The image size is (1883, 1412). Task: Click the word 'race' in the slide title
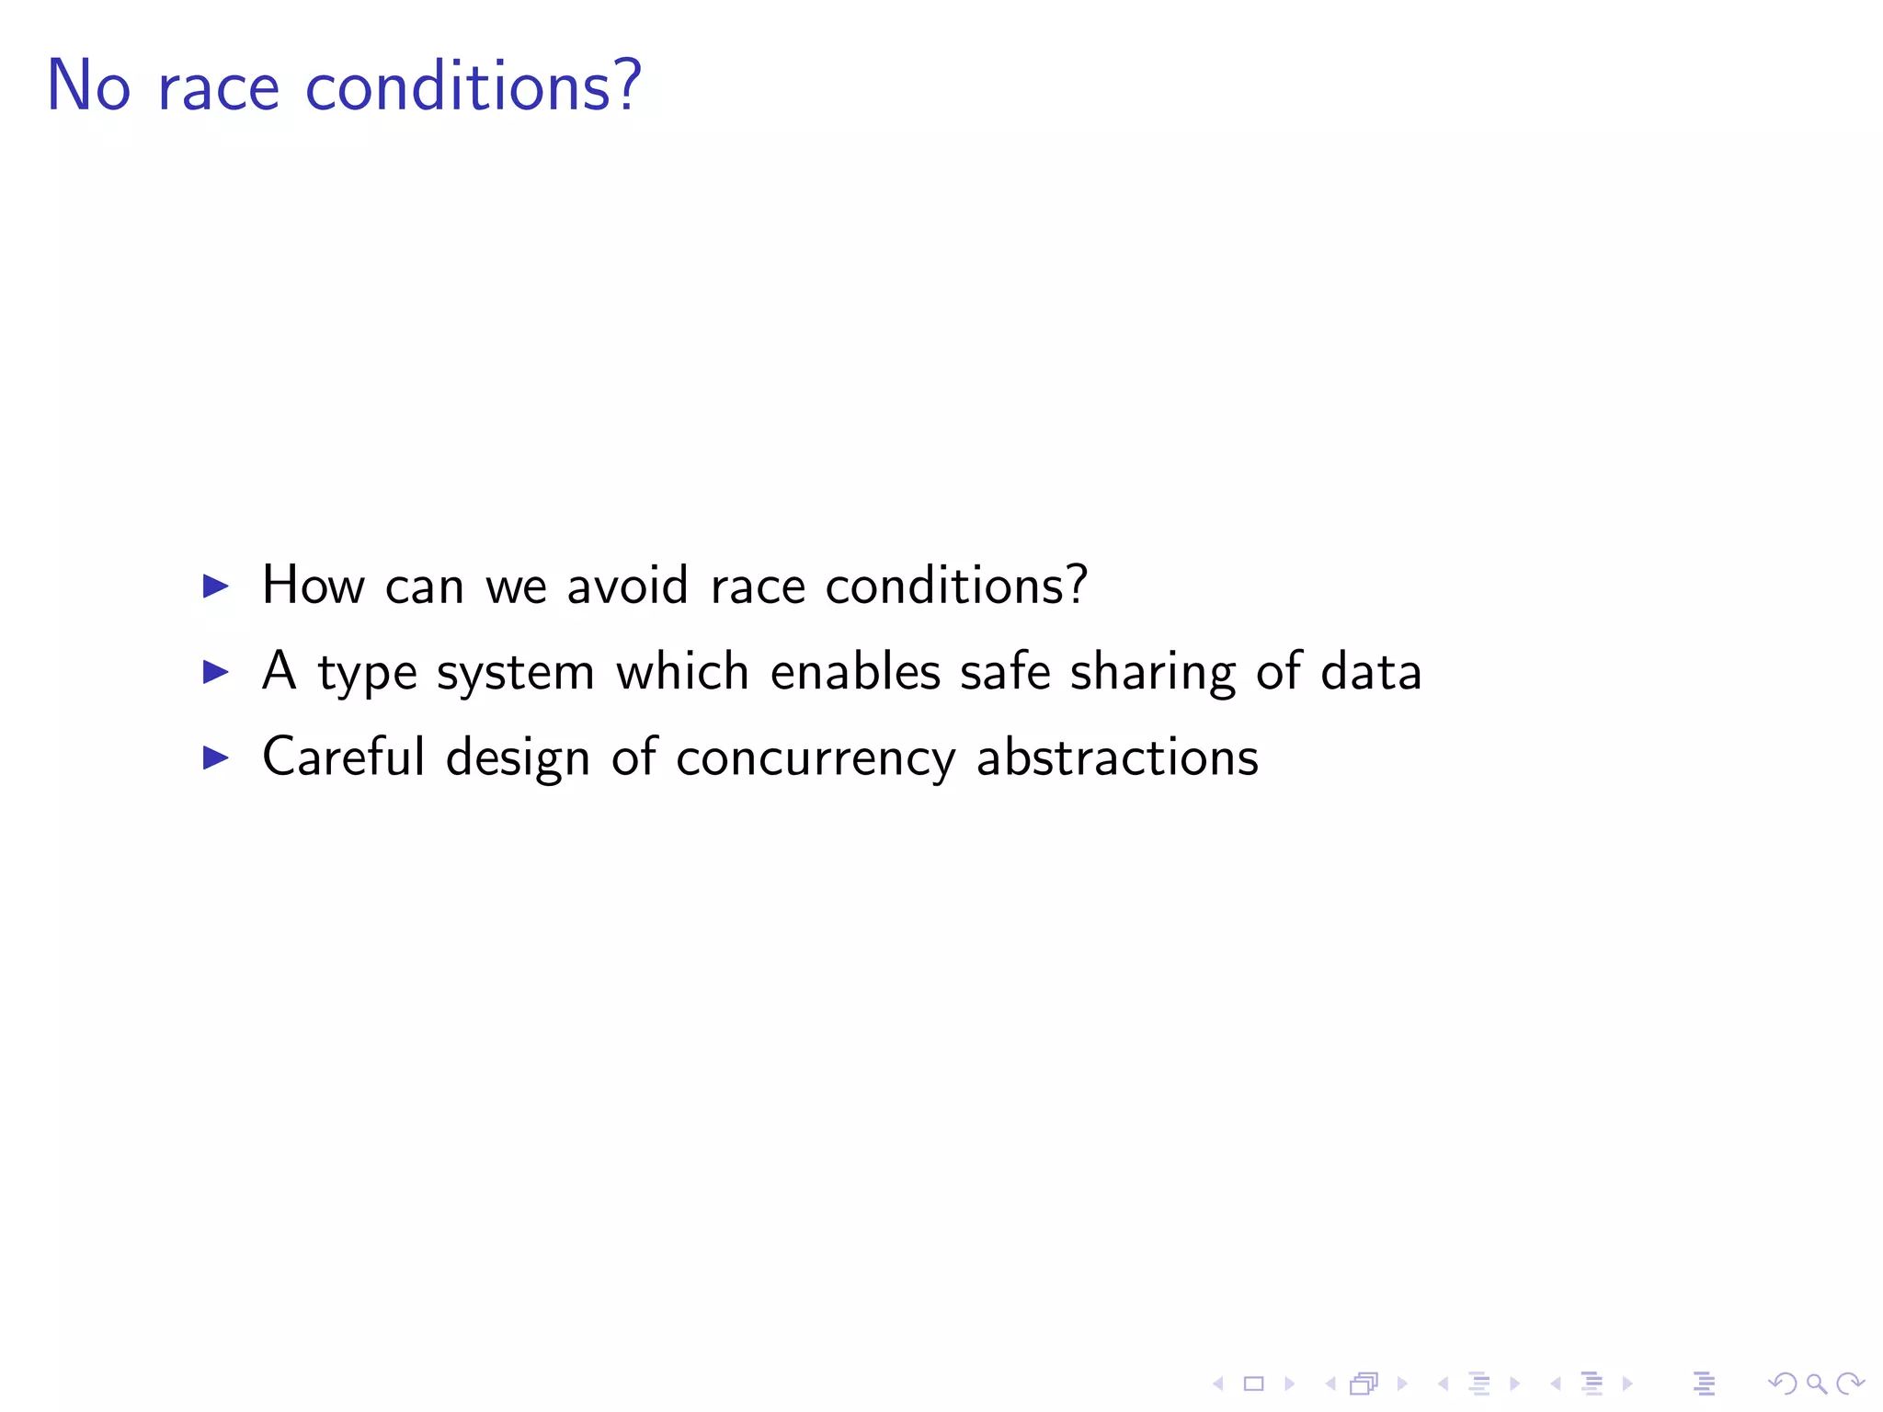(218, 88)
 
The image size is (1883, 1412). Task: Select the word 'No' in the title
(88, 85)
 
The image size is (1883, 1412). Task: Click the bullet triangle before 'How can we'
(215, 586)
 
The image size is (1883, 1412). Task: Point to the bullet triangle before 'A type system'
(215, 672)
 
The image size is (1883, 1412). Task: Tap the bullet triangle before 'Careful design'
(215, 757)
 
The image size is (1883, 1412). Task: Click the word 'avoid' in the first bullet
(627, 586)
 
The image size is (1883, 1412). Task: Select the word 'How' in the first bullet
(313, 586)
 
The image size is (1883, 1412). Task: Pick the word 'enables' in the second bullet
(855, 671)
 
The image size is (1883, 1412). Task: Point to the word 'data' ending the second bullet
(1371, 671)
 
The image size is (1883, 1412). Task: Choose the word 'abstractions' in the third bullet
(1117, 757)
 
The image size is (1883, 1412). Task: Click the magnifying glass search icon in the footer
(1816, 1384)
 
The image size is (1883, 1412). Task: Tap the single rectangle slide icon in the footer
(1254, 1384)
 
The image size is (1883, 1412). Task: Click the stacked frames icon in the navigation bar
(1364, 1384)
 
